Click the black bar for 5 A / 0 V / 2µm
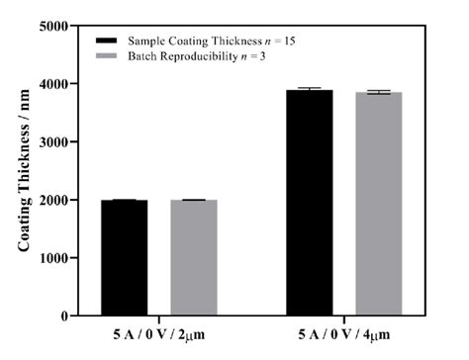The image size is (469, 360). tap(124, 257)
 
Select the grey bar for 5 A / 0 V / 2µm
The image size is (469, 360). tap(194, 257)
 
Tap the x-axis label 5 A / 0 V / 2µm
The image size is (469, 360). tap(158, 339)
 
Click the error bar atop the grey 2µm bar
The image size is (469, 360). tap(194, 200)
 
